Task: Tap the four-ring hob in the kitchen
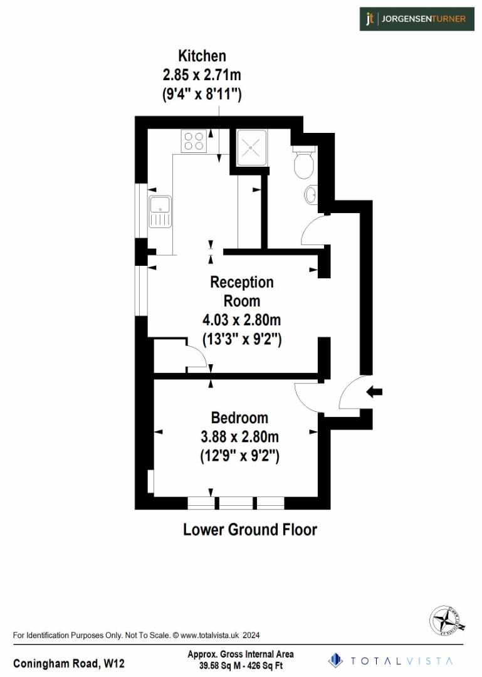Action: pos(194,140)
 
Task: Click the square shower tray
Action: pos(252,147)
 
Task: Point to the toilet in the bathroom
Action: pos(304,164)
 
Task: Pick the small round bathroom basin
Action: pos(310,196)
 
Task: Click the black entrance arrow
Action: pos(374,392)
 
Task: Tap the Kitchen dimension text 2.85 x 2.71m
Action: pos(202,75)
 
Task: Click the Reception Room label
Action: pos(242,291)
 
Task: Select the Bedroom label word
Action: pos(239,417)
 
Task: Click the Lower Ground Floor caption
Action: pos(250,530)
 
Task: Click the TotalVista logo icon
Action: pos(337,660)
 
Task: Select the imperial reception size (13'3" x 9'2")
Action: pos(241,339)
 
